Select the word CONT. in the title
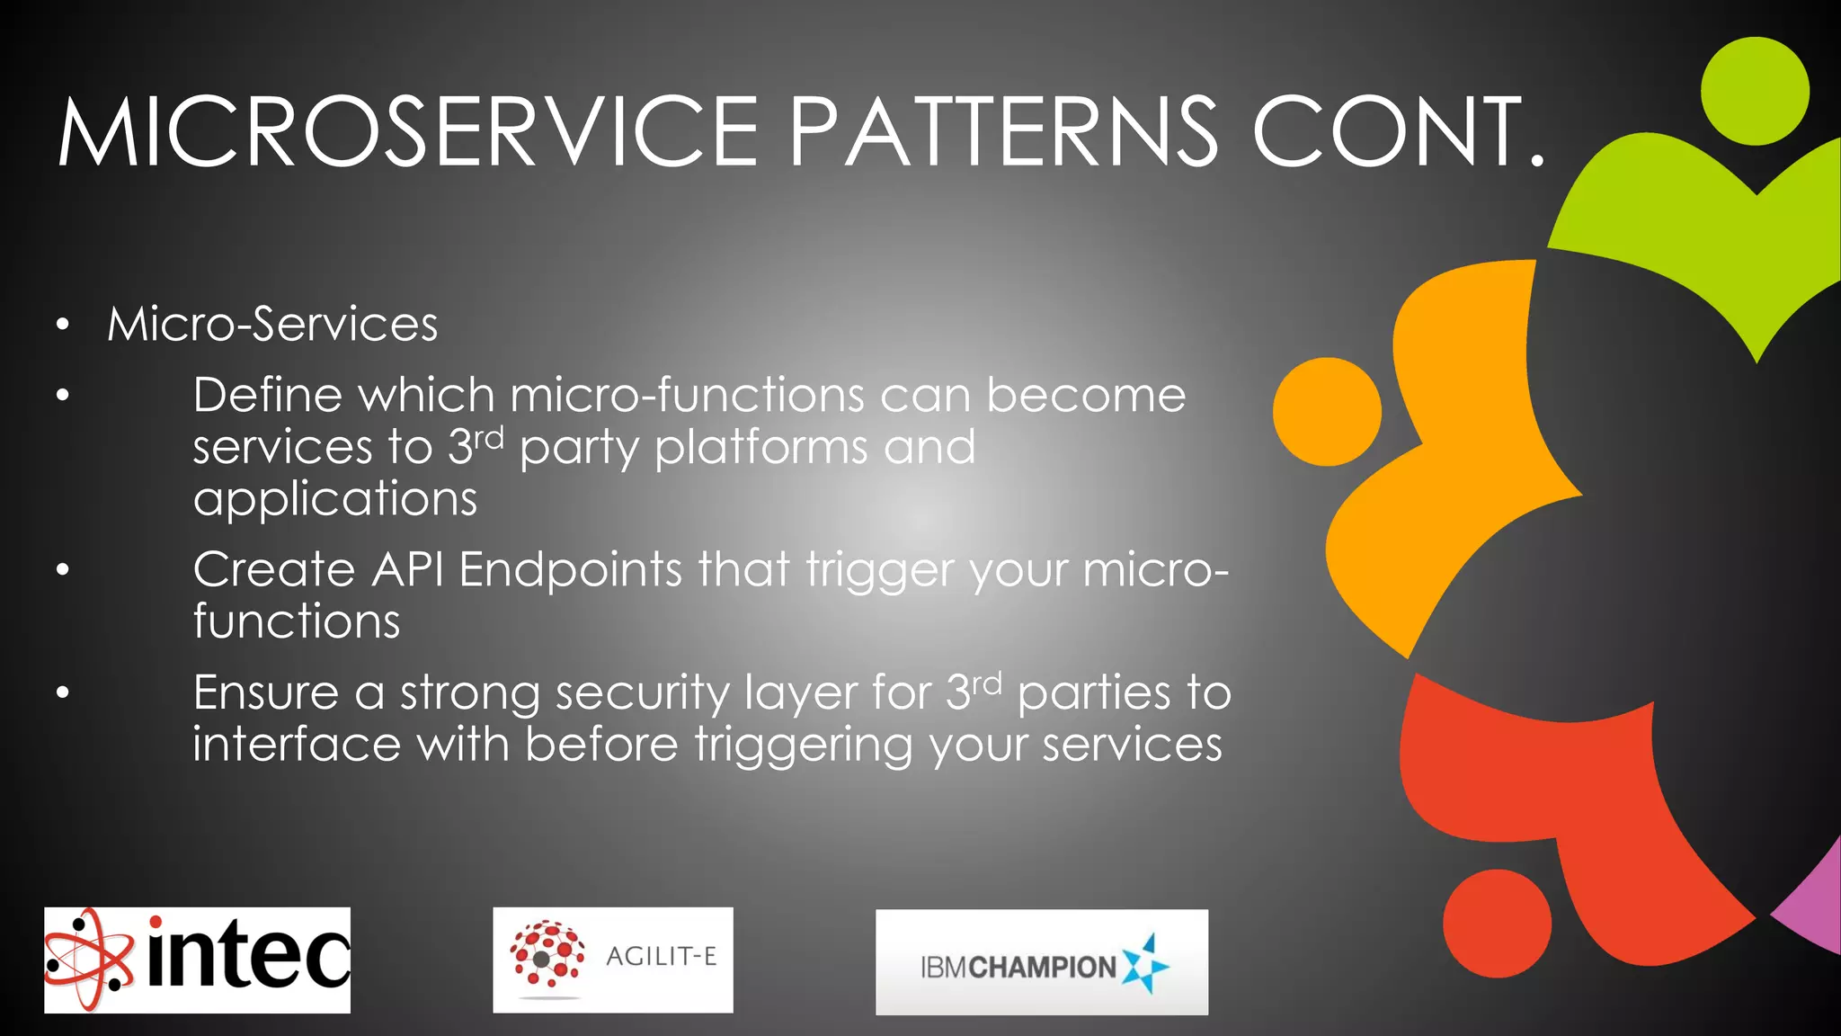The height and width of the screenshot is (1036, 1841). (x=1399, y=132)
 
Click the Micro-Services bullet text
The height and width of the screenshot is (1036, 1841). (x=272, y=324)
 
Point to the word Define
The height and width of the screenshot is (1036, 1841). (x=267, y=395)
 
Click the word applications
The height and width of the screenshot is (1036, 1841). (x=334, y=498)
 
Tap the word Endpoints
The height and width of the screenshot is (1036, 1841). (x=571, y=569)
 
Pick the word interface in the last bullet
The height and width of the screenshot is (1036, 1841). (x=297, y=745)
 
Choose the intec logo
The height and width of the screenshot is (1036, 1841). (x=197, y=960)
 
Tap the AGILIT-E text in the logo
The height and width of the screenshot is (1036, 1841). (x=662, y=956)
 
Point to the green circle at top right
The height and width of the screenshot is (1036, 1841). (x=1755, y=91)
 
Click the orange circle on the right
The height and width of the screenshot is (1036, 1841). (x=1327, y=412)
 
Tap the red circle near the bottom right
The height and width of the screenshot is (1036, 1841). (x=1497, y=923)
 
